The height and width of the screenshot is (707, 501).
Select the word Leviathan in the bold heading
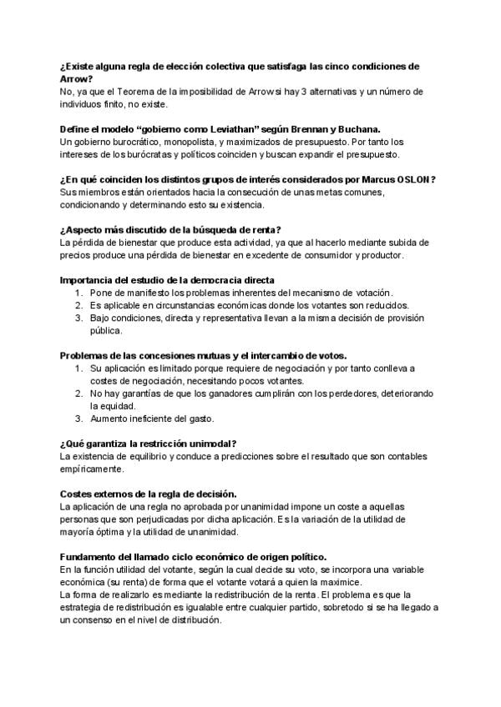222,128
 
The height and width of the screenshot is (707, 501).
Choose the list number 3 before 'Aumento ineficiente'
78,418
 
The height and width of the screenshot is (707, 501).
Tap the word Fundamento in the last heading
92,556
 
